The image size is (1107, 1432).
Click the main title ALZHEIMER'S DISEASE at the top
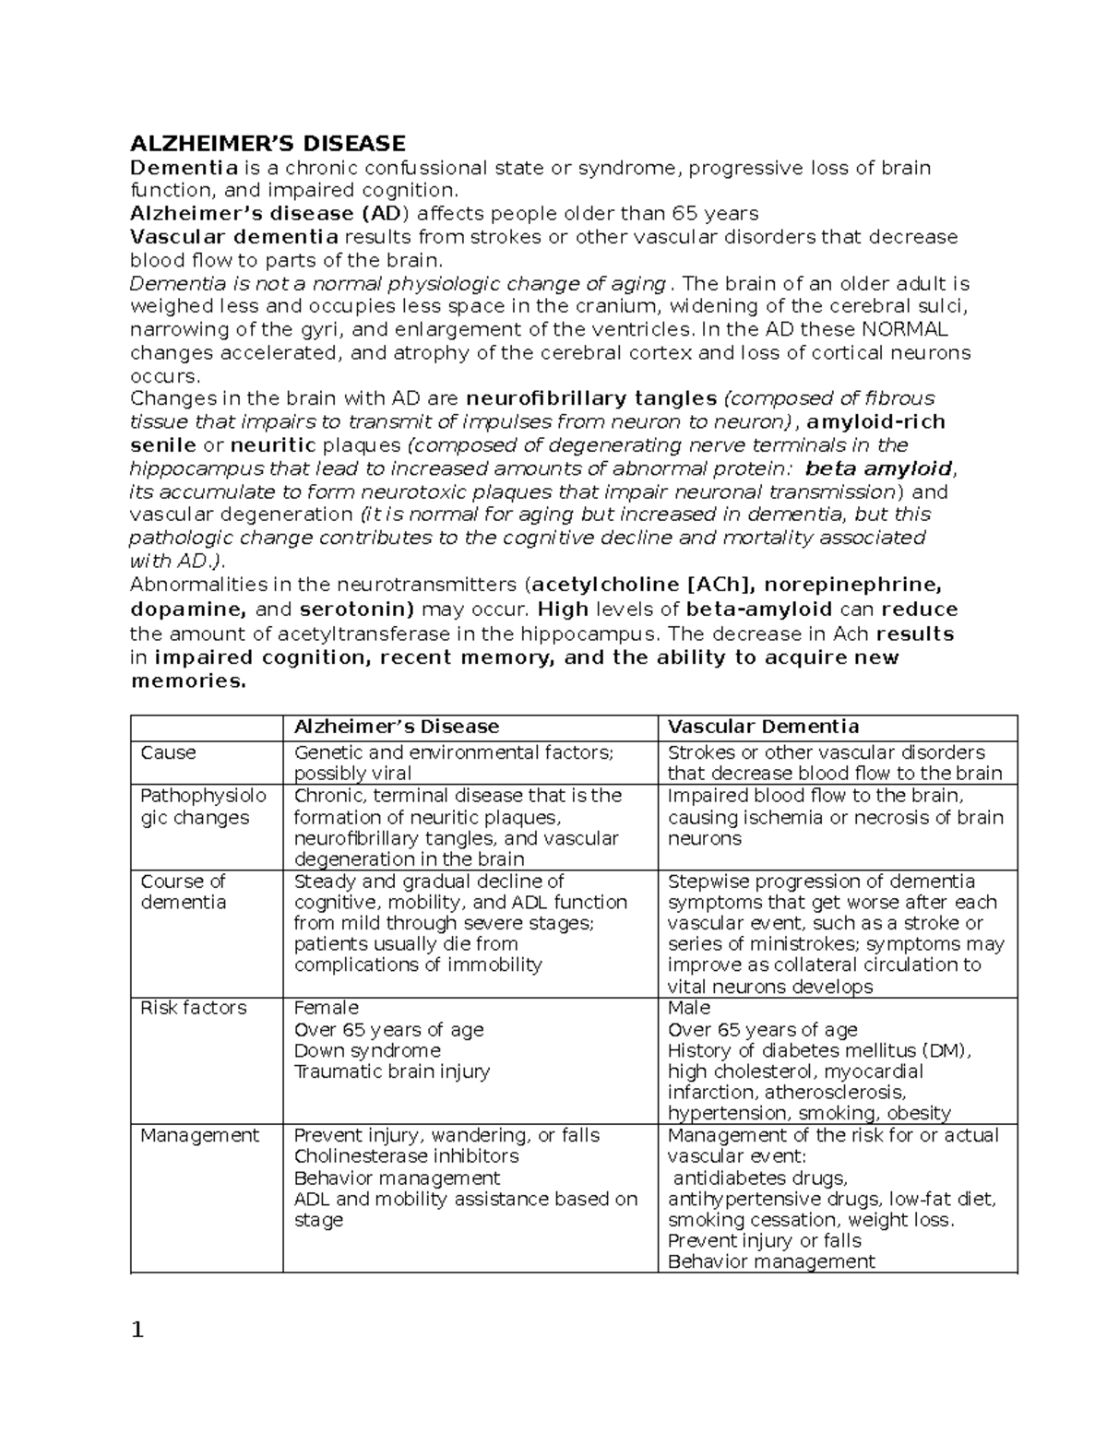click(268, 143)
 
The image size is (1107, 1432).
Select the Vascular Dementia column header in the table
click(763, 727)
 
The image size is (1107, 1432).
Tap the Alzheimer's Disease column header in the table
click(396, 727)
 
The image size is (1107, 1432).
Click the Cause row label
click(168, 752)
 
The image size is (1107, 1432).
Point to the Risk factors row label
click(193, 1008)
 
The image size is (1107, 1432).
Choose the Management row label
click(199, 1135)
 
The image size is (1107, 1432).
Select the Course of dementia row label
click(183, 892)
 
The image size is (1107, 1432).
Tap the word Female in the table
click(326, 1008)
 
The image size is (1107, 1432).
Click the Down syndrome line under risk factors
click(366, 1050)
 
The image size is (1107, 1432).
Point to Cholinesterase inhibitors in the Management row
click(406, 1156)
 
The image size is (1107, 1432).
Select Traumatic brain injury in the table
click(391, 1071)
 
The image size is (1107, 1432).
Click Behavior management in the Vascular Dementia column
click(770, 1261)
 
